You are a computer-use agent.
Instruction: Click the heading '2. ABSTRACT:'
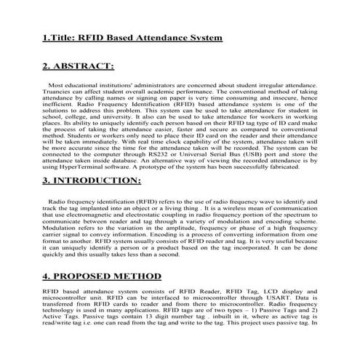click(78, 67)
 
